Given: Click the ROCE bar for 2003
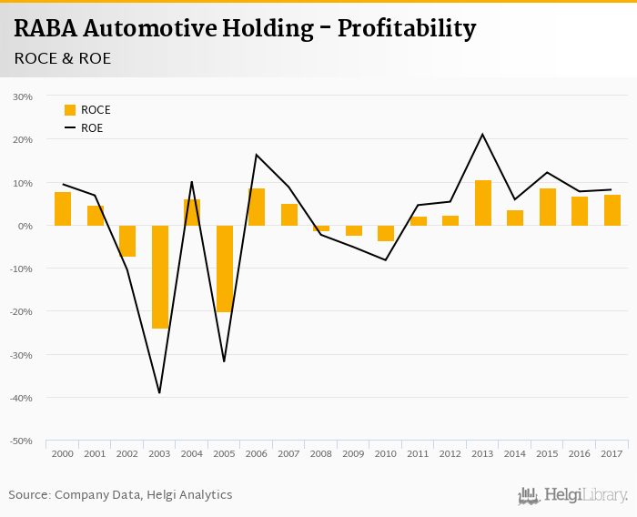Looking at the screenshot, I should point(160,277).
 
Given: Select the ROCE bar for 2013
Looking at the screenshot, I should point(483,203).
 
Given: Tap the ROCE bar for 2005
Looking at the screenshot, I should point(225,269).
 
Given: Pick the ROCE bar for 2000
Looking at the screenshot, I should point(63,208).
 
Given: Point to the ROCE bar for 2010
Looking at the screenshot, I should point(386,233).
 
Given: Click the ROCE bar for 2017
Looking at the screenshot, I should point(612,210).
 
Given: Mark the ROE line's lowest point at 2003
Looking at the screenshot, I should point(160,392).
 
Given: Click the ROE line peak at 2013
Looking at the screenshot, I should point(482,135).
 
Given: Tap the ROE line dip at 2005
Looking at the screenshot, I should point(224,361).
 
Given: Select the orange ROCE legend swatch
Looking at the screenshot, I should point(70,110).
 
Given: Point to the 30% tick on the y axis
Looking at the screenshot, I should point(24,96).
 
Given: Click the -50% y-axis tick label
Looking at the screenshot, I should point(22,441).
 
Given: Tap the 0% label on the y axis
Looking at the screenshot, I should point(25,226).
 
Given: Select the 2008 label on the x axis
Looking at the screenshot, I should point(321,453).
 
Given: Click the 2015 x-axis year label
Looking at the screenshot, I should point(548,453).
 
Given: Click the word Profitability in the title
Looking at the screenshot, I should point(407,29).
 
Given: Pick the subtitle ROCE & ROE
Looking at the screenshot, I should point(63,58).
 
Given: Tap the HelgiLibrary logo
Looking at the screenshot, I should point(573,495).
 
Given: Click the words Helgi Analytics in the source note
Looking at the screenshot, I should point(191,495).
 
